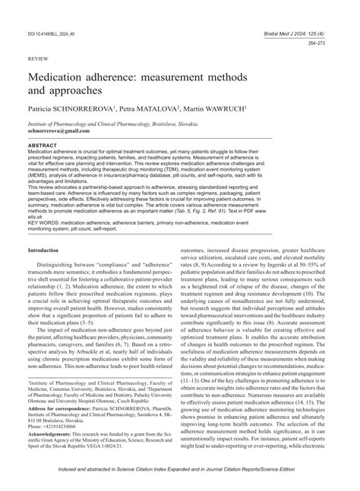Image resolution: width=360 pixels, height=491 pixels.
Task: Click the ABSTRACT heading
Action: coord(46,144)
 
